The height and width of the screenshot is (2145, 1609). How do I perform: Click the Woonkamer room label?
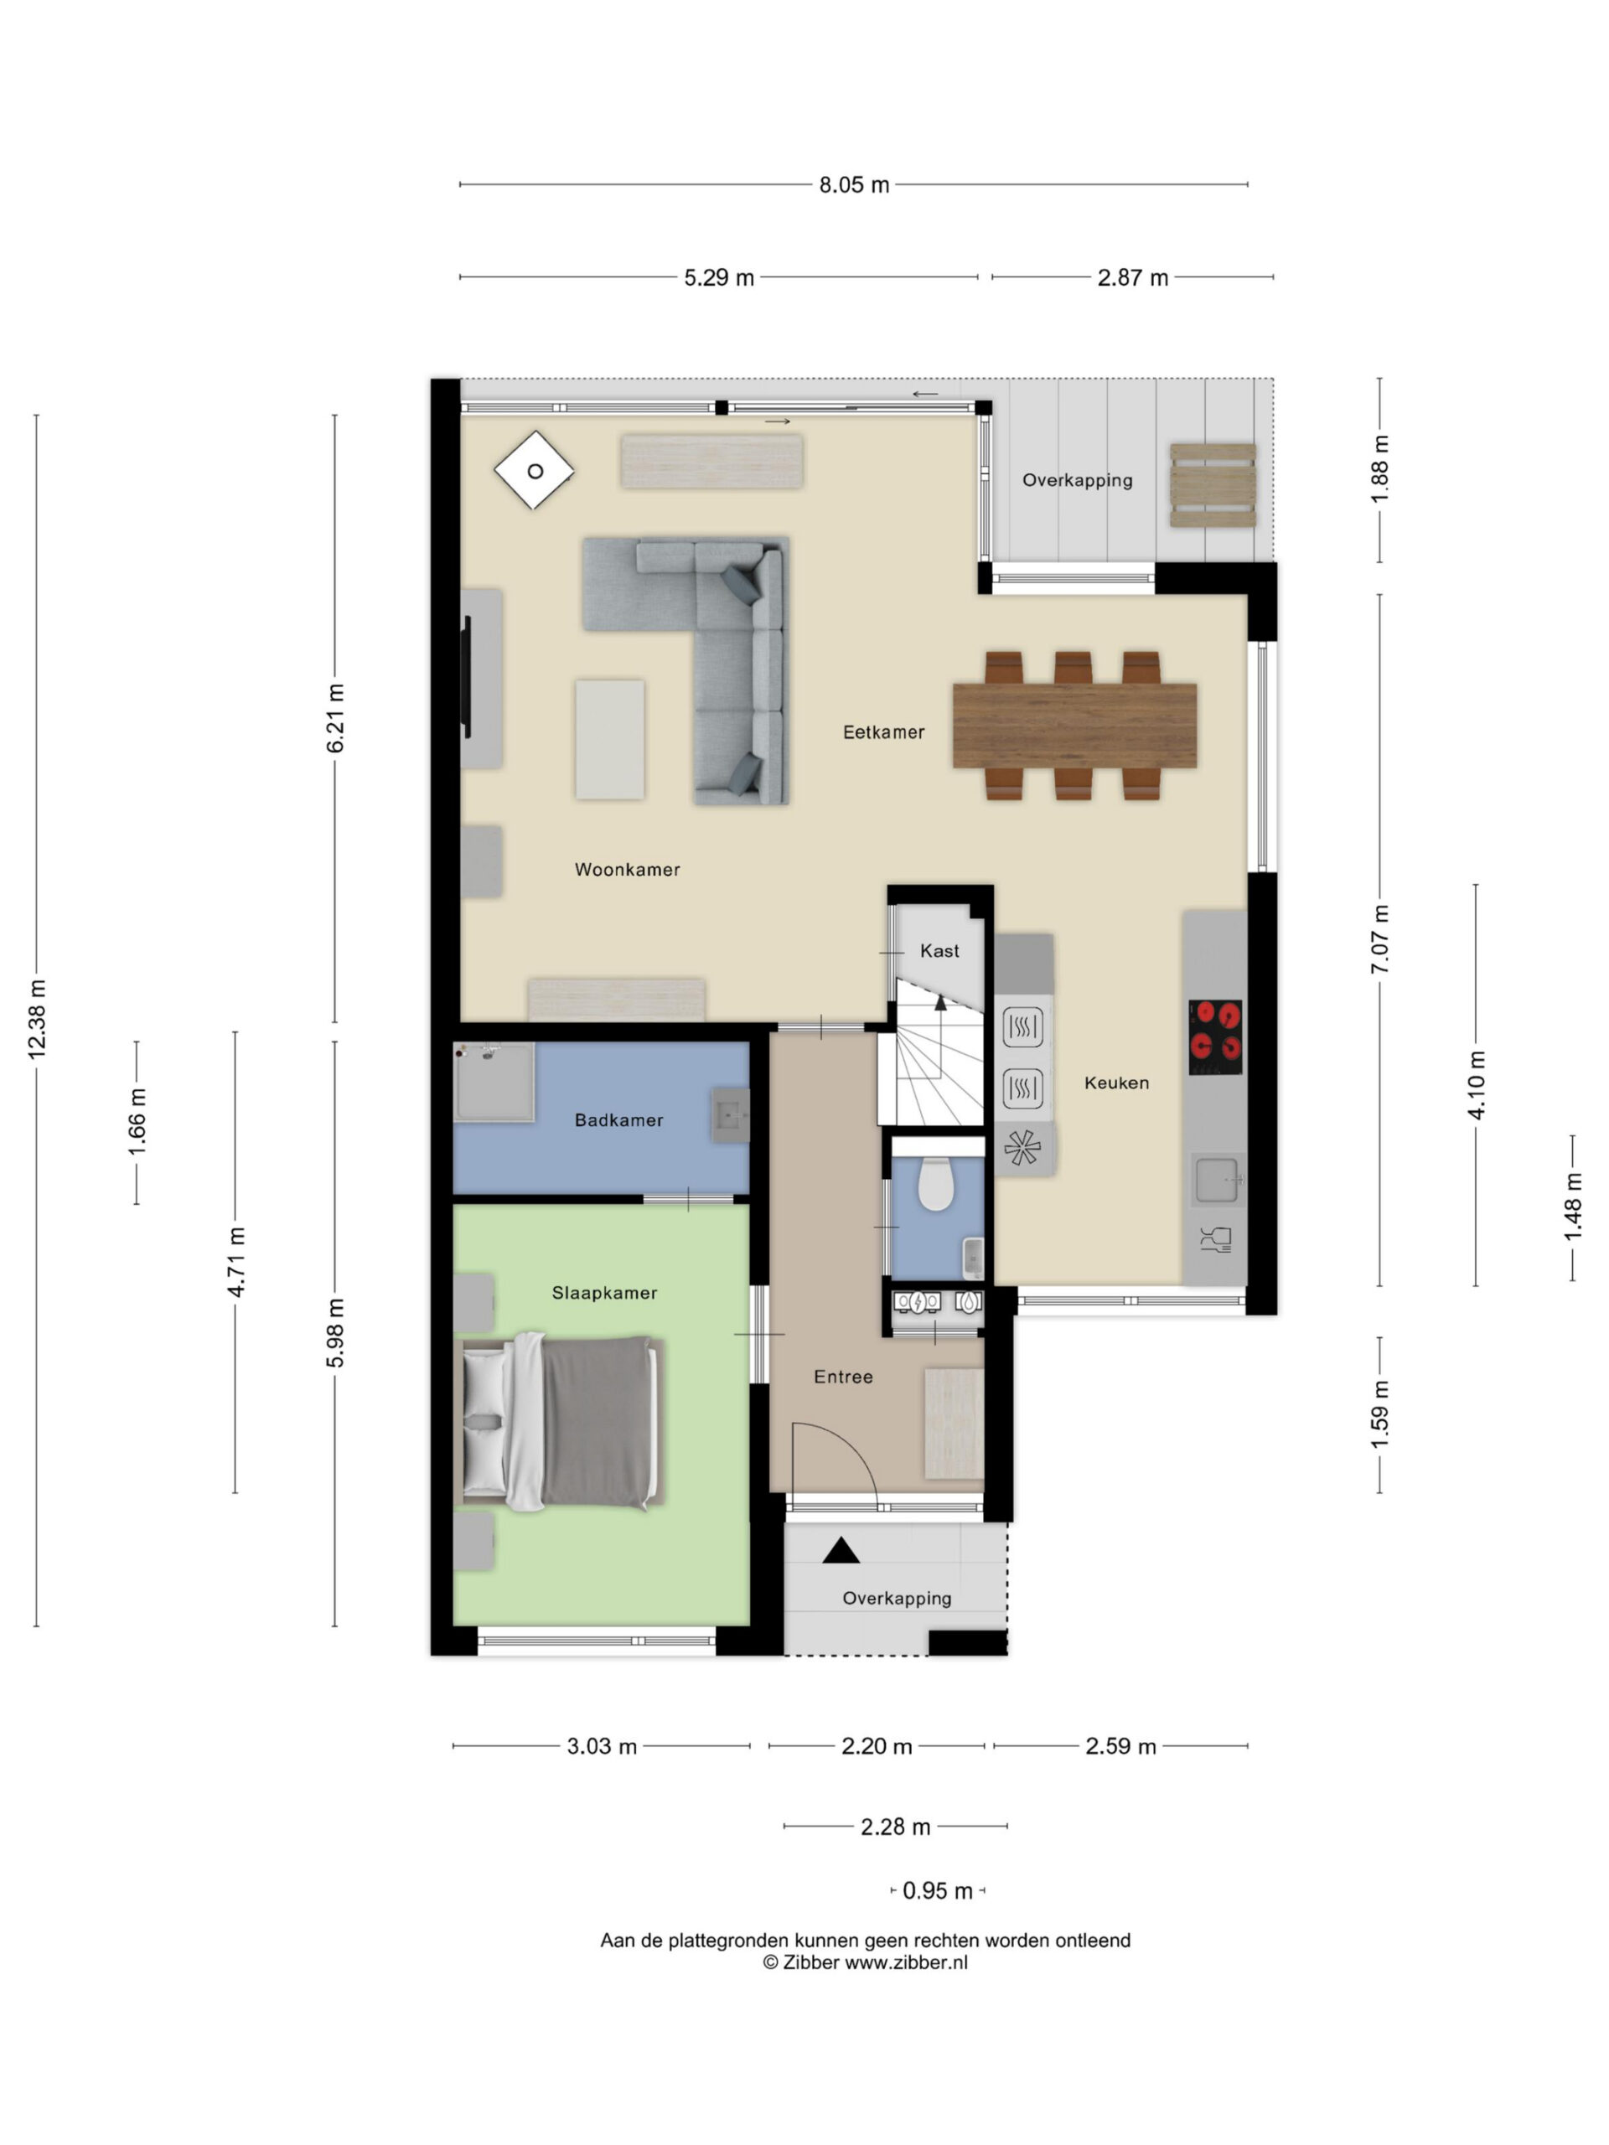coord(627,870)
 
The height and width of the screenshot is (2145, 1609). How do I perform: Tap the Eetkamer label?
coord(883,732)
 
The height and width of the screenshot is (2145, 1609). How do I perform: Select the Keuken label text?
coord(1116,1083)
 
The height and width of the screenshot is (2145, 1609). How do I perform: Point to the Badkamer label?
coord(618,1120)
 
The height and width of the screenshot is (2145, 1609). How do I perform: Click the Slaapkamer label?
coord(604,1293)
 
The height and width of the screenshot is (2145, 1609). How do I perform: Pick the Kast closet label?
coord(939,951)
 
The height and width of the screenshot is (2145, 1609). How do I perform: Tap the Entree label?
coord(843,1377)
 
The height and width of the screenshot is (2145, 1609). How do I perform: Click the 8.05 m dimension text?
coord(853,184)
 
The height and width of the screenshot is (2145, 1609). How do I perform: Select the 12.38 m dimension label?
coord(37,1018)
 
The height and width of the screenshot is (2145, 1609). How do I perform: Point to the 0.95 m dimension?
coord(937,1891)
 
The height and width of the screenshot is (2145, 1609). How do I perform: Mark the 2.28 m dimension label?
coord(895,1827)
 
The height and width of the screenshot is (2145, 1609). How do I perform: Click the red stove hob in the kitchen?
coord(1215,1036)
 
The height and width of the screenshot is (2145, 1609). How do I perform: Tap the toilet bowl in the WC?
coord(935,1183)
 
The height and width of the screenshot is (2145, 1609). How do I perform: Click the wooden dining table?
coord(1074,726)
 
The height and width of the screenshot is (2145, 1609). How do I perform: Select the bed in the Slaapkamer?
coord(559,1422)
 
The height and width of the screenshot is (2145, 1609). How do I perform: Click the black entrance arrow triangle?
coord(841,1551)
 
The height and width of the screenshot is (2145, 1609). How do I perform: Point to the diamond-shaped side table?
coord(534,471)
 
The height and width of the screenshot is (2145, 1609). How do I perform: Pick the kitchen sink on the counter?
coord(1216,1180)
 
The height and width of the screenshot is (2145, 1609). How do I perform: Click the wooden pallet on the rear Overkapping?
coord(1213,485)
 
